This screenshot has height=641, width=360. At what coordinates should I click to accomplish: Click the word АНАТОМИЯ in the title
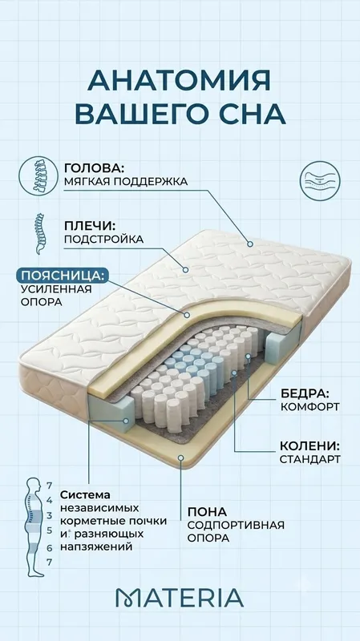179,81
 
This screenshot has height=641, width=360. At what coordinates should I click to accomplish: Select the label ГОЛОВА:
94,168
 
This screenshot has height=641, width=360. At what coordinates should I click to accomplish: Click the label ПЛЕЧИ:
90,226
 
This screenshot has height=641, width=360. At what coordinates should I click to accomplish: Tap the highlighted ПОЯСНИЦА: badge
63,275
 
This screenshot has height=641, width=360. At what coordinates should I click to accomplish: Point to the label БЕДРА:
305,393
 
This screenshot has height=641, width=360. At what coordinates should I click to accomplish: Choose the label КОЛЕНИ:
309,445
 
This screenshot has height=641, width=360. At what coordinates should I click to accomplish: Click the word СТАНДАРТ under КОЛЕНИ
309,459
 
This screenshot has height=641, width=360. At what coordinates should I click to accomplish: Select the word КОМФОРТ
309,407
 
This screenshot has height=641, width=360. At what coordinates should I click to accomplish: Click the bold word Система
86,494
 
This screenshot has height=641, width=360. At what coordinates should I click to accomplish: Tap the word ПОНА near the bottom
207,511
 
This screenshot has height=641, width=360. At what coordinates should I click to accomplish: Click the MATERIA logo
180,598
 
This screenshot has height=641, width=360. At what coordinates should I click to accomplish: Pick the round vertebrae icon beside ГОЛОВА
38,175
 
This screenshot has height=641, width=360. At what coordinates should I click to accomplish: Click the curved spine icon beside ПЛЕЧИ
40,233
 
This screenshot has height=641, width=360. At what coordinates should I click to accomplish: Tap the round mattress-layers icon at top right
320,181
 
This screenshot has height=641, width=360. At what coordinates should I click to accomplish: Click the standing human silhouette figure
34,527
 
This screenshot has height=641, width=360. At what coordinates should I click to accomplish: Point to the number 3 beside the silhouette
50,515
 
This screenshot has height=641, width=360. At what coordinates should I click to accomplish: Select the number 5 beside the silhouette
50,531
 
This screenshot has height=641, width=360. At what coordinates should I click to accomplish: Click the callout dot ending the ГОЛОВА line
250,244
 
